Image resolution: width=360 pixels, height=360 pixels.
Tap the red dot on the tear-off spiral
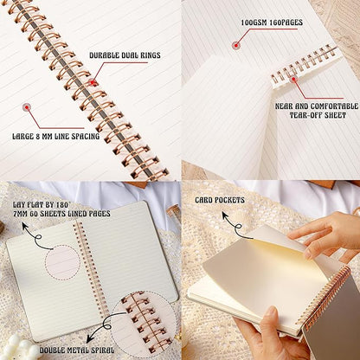click(x=292, y=80)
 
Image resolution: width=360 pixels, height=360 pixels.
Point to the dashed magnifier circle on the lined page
click(x=62, y=262)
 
